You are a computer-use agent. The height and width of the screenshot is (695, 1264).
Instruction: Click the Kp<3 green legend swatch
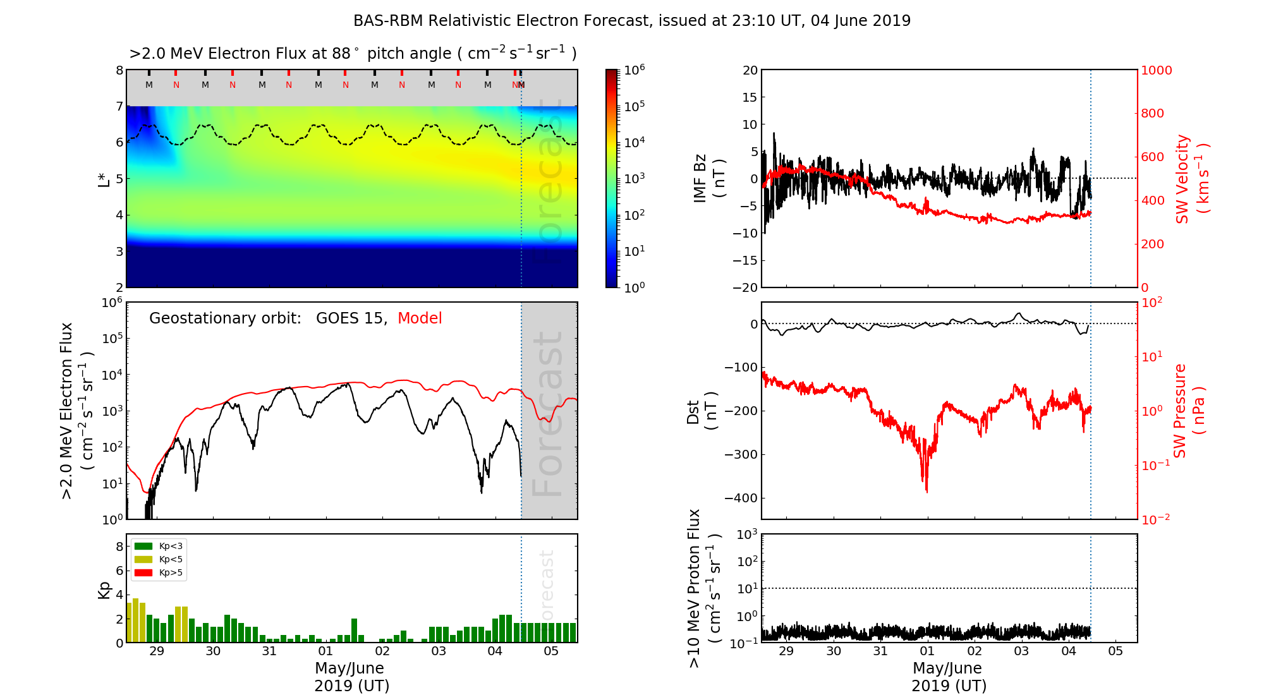point(143,546)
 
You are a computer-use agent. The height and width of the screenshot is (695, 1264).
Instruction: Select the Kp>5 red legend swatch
point(143,573)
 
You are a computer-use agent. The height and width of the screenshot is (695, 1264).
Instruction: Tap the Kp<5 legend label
point(171,560)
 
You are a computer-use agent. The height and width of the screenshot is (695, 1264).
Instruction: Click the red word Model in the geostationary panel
point(420,318)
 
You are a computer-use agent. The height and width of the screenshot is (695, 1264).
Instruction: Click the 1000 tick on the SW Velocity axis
point(1156,70)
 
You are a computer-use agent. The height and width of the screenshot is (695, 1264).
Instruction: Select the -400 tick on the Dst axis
point(741,498)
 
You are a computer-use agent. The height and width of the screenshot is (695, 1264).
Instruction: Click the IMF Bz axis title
point(708,179)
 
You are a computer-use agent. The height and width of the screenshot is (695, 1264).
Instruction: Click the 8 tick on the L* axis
point(119,70)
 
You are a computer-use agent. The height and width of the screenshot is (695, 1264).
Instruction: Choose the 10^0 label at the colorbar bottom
point(635,287)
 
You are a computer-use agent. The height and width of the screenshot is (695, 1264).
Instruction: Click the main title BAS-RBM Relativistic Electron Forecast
point(632,21)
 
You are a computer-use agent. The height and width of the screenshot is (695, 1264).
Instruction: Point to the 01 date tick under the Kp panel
point(325,651)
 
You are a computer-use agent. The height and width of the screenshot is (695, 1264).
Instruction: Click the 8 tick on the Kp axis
point(119,547)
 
